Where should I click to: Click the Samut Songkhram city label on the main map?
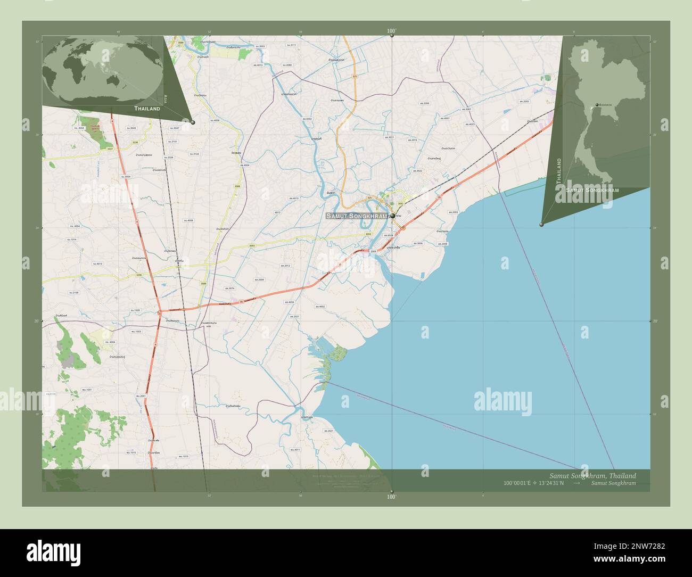tap(357, 216)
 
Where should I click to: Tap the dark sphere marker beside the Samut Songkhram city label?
tap(393, 216)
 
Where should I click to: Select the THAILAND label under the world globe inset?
tap(147, 109)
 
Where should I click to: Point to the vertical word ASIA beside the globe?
tap(166, 98)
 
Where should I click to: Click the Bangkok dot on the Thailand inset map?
tap(597, 104)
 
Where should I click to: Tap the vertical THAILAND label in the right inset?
tap(558, 171)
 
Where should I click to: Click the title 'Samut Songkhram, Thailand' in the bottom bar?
tap(592, 475)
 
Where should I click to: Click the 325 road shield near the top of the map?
tap(355, 77)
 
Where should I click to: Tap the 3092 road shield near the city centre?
tap(400, 203)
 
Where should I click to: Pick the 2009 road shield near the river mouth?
tap(373, 251)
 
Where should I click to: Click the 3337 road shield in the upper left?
tap(110, 149)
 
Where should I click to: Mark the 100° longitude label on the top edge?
tap(392, 31)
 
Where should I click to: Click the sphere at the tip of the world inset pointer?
tap(193, 122)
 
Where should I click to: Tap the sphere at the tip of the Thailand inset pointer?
tap(541, 225)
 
